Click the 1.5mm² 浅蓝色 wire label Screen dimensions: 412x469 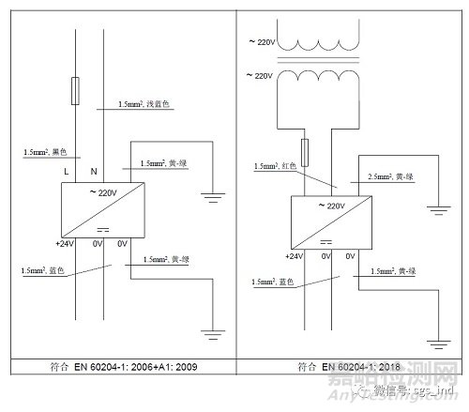pos(145,104)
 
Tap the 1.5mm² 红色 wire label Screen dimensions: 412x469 pos(275,165)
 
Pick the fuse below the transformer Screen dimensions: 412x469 pos(305,148)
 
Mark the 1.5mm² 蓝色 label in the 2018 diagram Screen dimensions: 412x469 pos(272,281)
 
